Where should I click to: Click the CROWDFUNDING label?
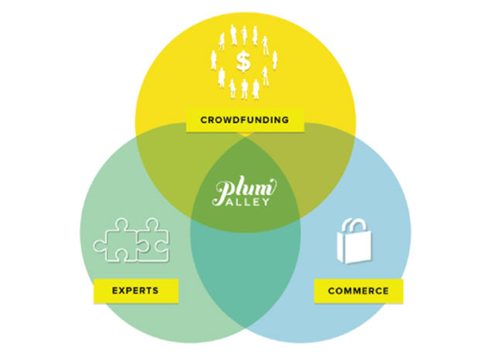click(x=245, y=120)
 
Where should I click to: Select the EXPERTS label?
click(x=136, y=290)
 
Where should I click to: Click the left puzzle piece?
click(x=114, y=242)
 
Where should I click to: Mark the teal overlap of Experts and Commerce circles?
click(x=245, y=279)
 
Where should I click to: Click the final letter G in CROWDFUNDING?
click(x=286, y=120)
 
